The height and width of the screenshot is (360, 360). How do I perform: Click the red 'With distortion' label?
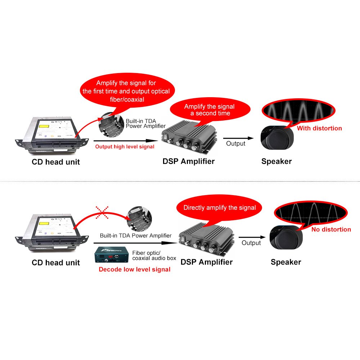[319, 128]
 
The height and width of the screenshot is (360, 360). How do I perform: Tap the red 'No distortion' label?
[331, 229]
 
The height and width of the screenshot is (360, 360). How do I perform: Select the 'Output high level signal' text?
[125, 147]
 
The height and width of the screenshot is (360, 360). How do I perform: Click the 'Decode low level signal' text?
[134, 269]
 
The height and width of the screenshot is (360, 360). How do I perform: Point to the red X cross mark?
[103, 212]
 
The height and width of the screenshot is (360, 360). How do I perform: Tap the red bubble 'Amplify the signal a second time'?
[209, 110]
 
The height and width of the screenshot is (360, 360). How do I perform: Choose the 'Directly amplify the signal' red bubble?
[220, 208]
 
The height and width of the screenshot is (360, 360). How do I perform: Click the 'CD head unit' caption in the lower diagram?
[56, 262]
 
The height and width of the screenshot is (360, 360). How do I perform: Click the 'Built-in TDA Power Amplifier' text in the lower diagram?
[136, 236]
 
